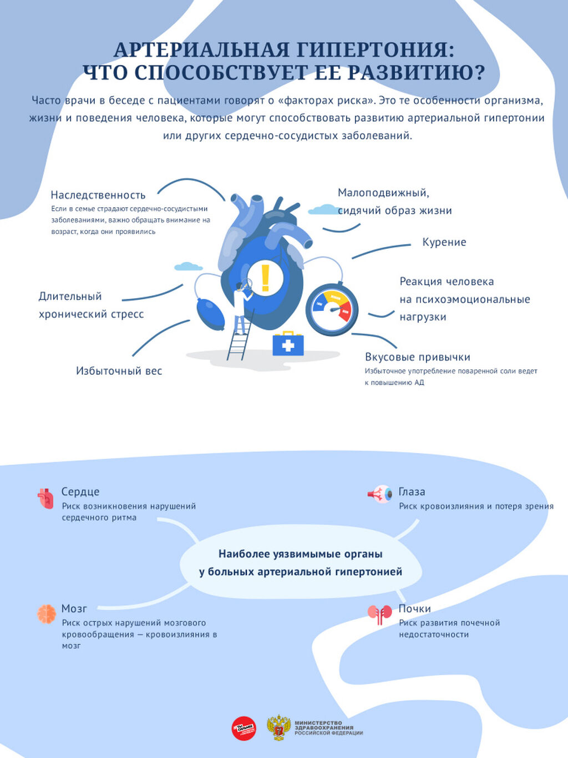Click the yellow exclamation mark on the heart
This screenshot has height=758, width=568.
point(265,278)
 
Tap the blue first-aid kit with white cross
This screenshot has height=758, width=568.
point(288,344)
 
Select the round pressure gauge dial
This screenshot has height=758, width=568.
point(332,309)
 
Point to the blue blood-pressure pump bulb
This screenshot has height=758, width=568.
point(211,314)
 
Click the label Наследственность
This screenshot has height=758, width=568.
point(98,195)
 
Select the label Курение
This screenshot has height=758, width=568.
point(444,242)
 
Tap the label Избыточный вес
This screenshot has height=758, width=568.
point(119,371)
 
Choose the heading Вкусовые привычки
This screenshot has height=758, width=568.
point(417,357)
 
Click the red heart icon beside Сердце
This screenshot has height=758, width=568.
point(45,498)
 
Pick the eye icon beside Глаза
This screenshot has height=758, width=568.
point(380,494)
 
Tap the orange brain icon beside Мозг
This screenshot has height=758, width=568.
point(47,614)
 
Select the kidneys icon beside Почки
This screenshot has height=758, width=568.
point(379,614)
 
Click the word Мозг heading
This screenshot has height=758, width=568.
point(74,609)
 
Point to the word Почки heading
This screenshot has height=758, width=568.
point(414,609)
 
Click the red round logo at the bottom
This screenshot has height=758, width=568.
point(244,728)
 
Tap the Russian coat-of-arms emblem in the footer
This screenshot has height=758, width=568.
point(278,728)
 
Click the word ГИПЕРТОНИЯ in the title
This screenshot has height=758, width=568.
point(375,50)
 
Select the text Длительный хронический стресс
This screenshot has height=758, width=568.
point(91,305)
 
